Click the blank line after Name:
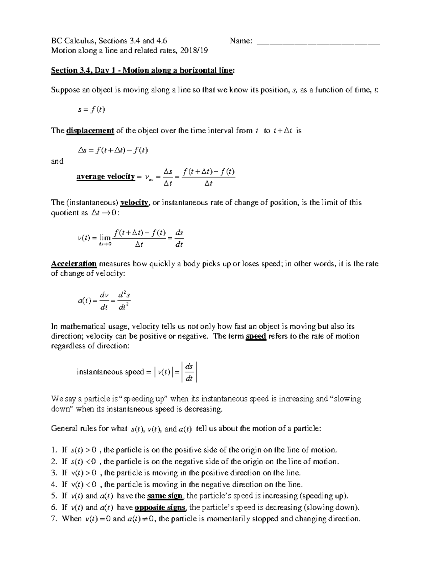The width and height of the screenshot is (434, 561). click(x=318, y=41)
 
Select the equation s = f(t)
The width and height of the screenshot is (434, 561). click(x=91, y=109)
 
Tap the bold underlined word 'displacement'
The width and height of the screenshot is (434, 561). click(x=90, y=131)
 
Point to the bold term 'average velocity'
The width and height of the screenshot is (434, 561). click(x=105, y=177)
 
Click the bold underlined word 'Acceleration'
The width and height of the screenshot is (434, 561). click(x=74, y=264)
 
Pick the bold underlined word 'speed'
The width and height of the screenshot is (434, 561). click(x=256, y=336)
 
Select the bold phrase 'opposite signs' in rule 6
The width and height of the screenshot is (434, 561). click(x=160, y=508)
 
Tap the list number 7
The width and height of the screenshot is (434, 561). click(x=54, y=519)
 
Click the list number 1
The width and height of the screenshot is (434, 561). click(x=54, y=450)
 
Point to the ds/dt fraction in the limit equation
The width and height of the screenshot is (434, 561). click(x=179, y=239)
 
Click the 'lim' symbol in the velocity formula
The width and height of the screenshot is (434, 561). click(x=105, y=238)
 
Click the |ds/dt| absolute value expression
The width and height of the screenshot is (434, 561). click(x=189, y=372)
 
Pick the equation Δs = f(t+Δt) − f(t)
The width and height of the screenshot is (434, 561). click(x=113, y=151)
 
